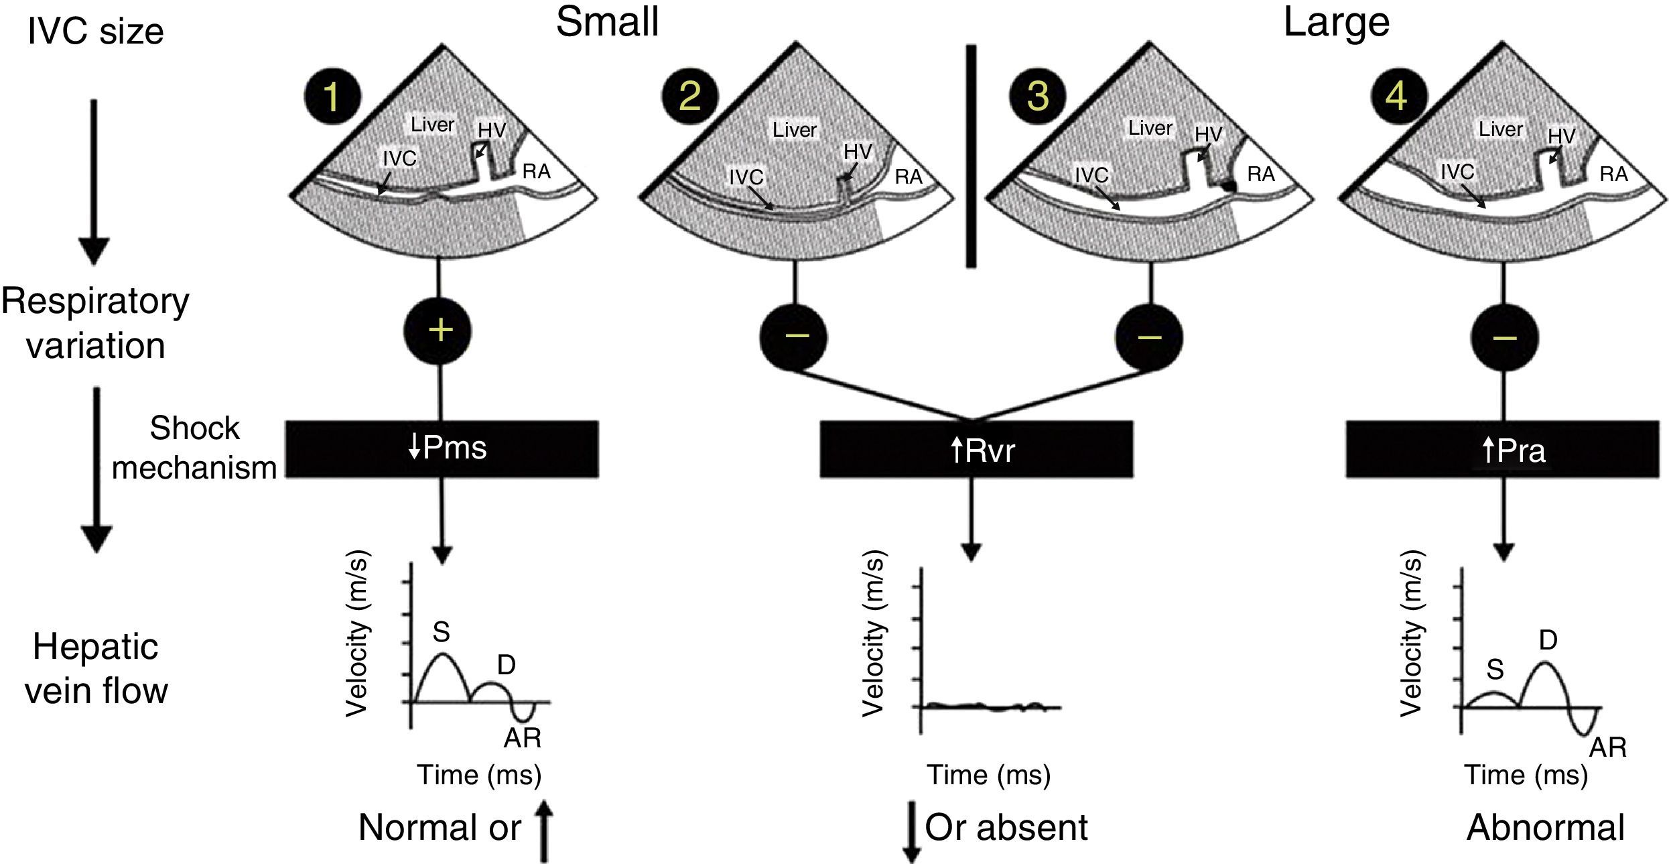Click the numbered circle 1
332,97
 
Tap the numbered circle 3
1037,97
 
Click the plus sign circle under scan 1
440,330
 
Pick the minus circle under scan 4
1504,336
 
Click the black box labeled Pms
442,448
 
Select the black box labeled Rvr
976,449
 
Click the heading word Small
607,21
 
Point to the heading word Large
1336,21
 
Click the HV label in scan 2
858,151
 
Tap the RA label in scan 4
1613,174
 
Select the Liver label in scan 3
1150,127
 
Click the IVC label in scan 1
399,158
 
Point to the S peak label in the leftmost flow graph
441,631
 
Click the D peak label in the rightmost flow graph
1548,641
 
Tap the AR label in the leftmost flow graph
523,738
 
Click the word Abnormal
1546,827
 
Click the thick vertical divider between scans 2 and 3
970,156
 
